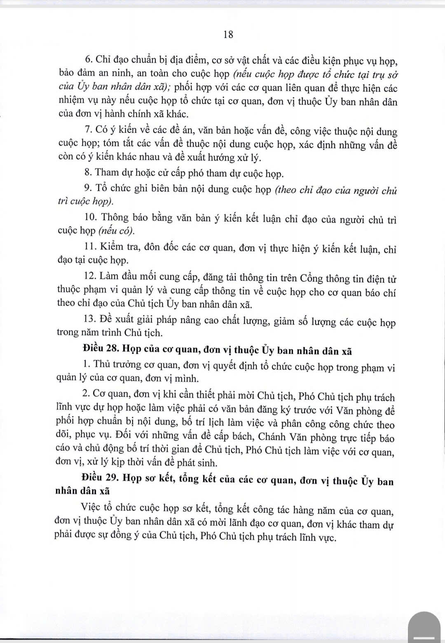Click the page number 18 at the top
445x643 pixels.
tap(228, 35)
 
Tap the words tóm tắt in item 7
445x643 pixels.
tap(119, 145)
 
